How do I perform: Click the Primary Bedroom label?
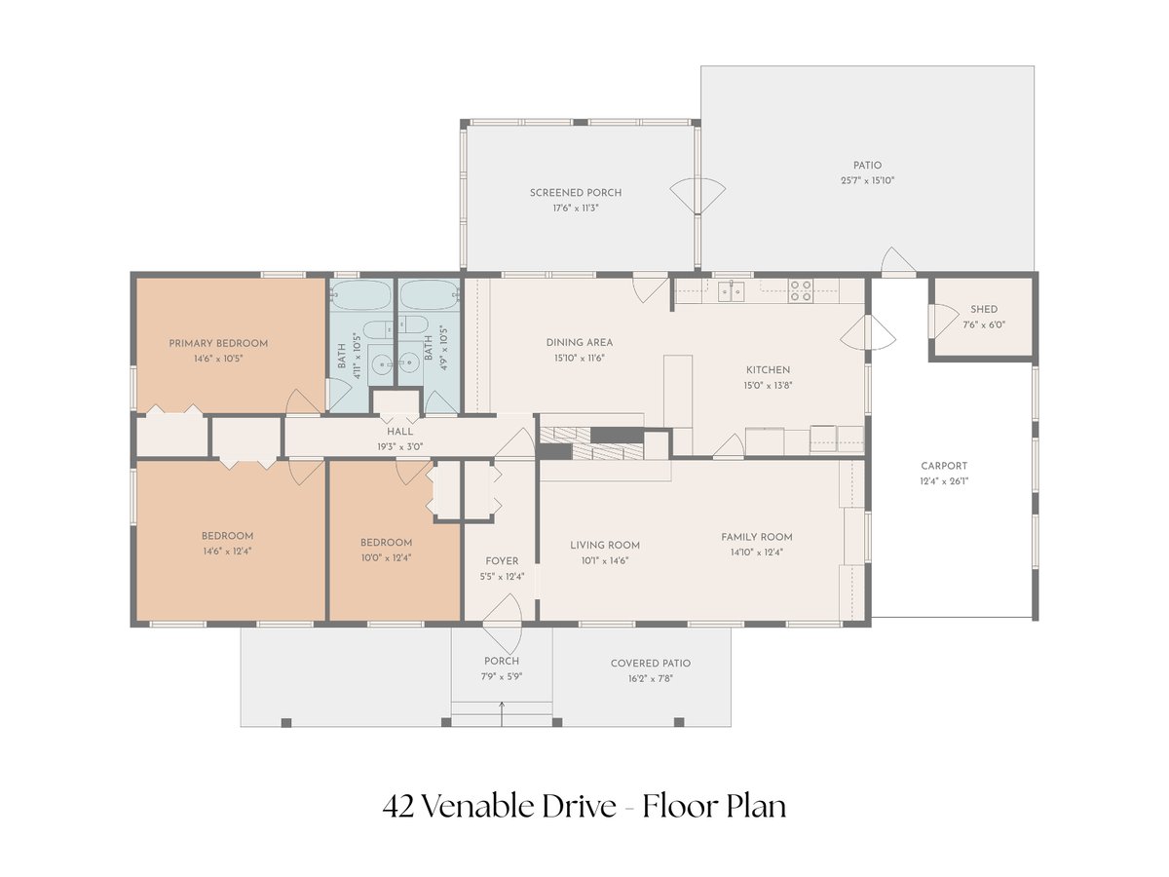[218, 343]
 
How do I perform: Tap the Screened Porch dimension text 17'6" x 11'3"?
[576, 209]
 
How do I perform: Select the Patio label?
[868, 165]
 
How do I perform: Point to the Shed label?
[984, 309]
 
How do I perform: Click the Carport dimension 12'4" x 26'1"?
[944, 481]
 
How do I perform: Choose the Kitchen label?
[768, 370]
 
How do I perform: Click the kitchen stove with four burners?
[801, 290]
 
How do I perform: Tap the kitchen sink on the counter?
[731, 291]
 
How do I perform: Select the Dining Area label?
[580, 342]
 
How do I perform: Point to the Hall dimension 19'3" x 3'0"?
[400, 446]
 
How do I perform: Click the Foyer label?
[502, 560]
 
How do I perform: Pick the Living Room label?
[605, 546]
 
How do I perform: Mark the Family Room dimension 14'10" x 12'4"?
[757, 553]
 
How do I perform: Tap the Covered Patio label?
[651, 664]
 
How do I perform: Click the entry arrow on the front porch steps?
[501, 713]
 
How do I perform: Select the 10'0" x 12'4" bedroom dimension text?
[386, 558]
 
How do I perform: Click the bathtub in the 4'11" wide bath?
[361, 295]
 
